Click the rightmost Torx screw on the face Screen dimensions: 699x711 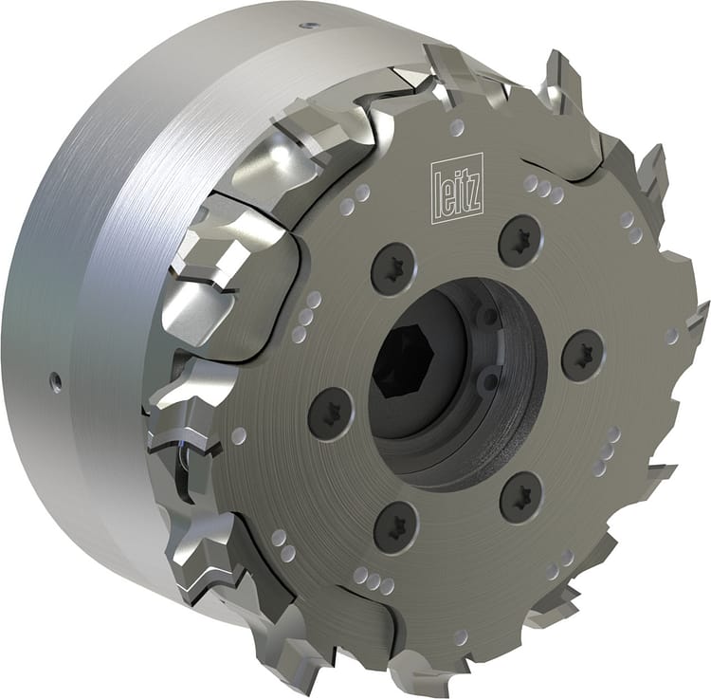point(582,356)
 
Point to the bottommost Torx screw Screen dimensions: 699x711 point(395,522)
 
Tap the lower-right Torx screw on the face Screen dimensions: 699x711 point(520,494)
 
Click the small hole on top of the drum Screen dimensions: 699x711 point(309,25)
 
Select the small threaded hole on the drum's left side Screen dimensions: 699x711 point(56,382)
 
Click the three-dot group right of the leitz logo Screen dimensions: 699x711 point(543,189)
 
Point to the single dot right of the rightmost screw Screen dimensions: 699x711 point(671,337)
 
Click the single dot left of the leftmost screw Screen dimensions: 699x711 point(239,435)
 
